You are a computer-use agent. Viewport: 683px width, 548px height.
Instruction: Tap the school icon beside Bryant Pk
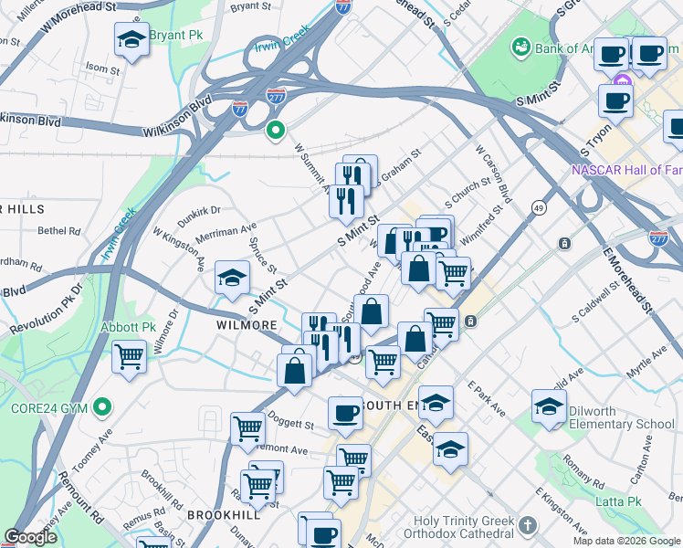coord(132,39)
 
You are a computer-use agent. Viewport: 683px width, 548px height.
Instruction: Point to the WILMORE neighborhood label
coord(247,325)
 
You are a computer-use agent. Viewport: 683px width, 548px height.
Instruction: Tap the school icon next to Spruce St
coord(232,277)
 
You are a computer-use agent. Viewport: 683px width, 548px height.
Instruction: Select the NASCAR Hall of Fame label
coord(626,170)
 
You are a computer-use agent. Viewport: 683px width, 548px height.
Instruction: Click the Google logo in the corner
coord(31,537)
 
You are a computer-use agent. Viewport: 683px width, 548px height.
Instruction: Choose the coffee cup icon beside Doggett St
coord(345,413)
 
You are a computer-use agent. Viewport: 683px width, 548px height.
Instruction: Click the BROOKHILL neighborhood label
coord(225,515)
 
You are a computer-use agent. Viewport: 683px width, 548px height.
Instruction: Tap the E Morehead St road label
coord(625,278)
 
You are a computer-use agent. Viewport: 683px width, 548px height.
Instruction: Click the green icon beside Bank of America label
coord(521,45)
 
